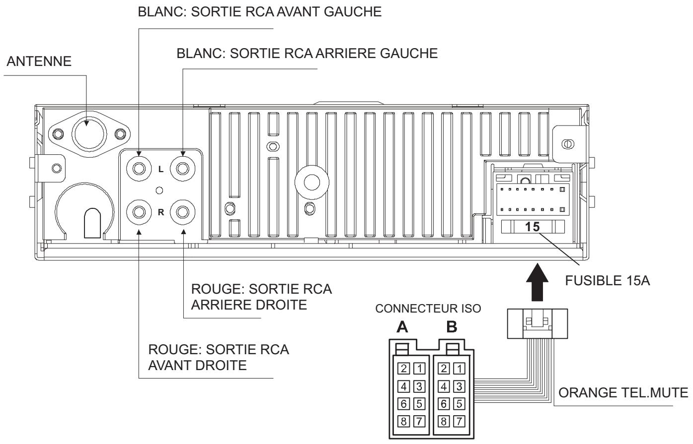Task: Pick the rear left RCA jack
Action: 182,169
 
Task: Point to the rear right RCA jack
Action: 182,212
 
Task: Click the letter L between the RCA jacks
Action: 160,169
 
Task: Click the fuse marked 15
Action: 532,227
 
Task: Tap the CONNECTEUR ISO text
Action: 429,309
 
